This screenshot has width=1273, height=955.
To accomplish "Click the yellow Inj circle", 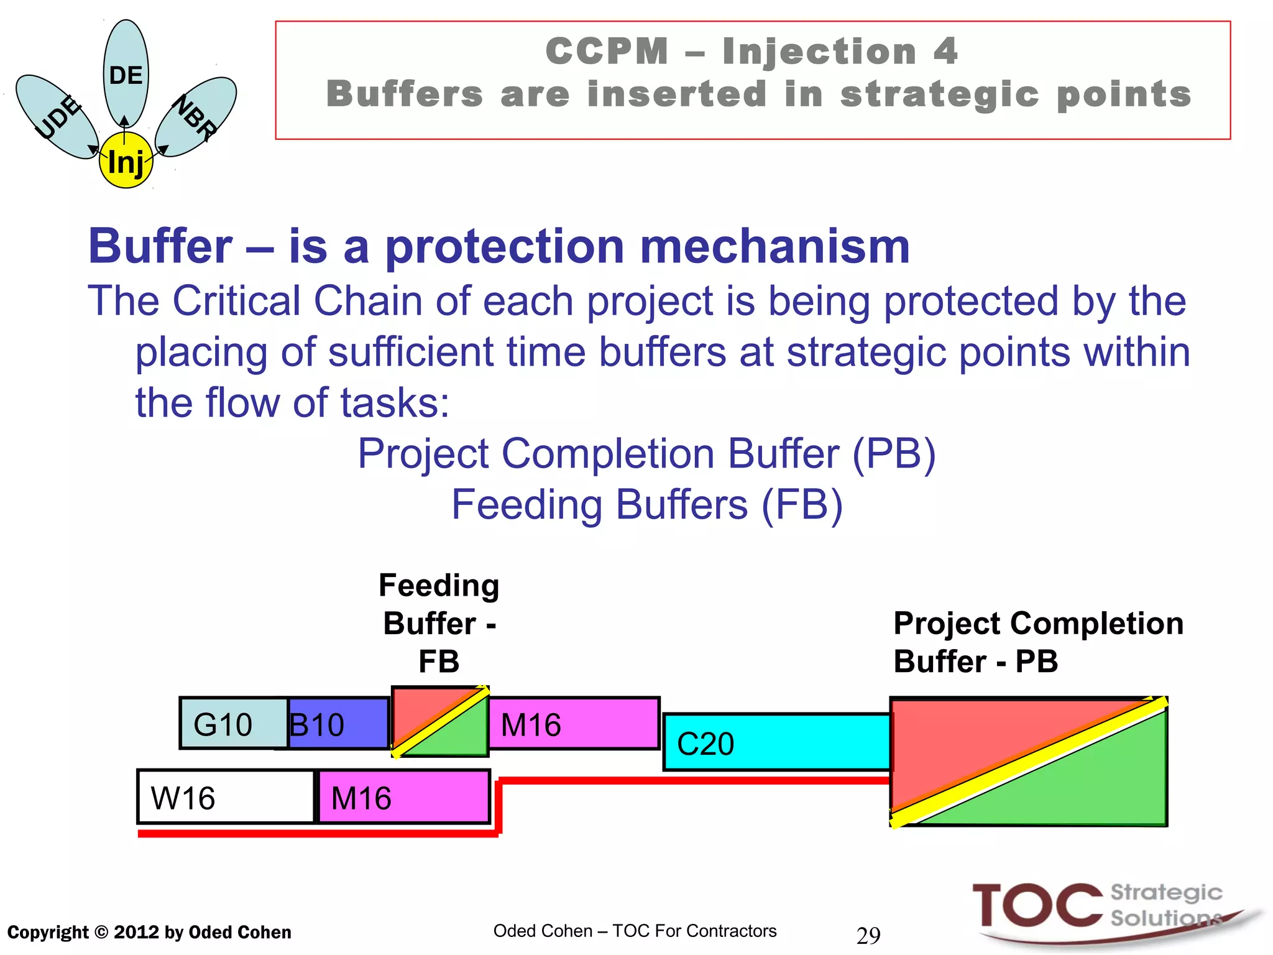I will click(126, 161).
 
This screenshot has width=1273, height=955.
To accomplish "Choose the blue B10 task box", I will click(339, 724).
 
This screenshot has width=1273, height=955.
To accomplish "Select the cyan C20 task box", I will click(777, 742).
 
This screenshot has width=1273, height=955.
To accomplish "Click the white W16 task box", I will click(225, 797).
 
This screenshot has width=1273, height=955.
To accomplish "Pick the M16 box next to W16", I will click(404, 797).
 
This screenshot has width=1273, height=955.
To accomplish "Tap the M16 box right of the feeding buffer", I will click(573, 724).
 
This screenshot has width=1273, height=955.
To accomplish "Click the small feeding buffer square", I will click(440, 721).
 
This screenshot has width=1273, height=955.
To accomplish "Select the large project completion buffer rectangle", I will click(1029, 762).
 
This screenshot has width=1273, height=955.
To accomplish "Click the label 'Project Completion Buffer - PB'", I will click(1038, 642).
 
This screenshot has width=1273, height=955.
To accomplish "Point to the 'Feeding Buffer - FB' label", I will click(439, 623).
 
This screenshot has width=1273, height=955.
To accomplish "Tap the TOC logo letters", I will click(1037, 907).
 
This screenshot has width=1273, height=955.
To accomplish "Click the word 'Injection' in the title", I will click(819, 51).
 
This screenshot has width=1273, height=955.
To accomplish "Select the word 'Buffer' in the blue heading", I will click(160, 246).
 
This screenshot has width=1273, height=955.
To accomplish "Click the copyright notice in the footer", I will click(149, 932).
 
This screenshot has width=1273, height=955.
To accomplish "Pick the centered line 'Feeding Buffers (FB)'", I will click(646, 504).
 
